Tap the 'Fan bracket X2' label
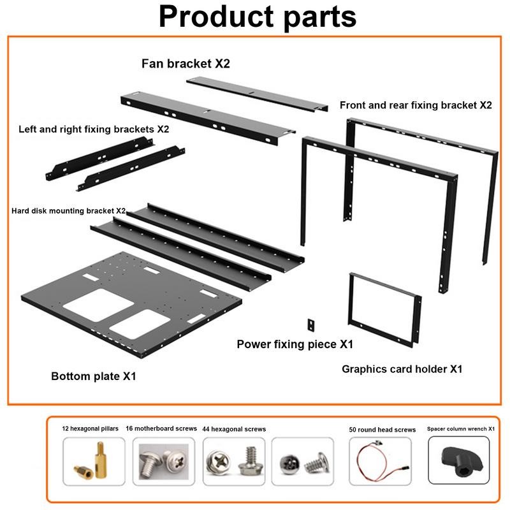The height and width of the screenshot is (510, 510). pyautogui.click(x=186, y=64)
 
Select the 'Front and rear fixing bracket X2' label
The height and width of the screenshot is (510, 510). pyautogui.click(x=416, y=105)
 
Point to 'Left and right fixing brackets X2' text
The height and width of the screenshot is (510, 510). pyautogui.click(x=94, y=129)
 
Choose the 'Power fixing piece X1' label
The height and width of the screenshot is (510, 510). pyautogui.click(x=295, y=344)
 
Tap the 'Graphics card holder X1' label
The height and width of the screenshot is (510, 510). pyautogui.click(x=402, y=368)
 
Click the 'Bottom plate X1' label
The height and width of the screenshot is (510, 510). pyautogui.click(x=94, y=376)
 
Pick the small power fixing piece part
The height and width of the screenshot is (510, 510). pyautogui.click(x=310, y=324)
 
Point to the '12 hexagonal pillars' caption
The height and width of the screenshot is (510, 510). pyautogui.click(x=90, y=429)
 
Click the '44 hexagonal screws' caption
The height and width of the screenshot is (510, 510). pyautogui.click(x=234, y=429)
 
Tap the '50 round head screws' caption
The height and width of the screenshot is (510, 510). pyautogui.click(x=382, y=430)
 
